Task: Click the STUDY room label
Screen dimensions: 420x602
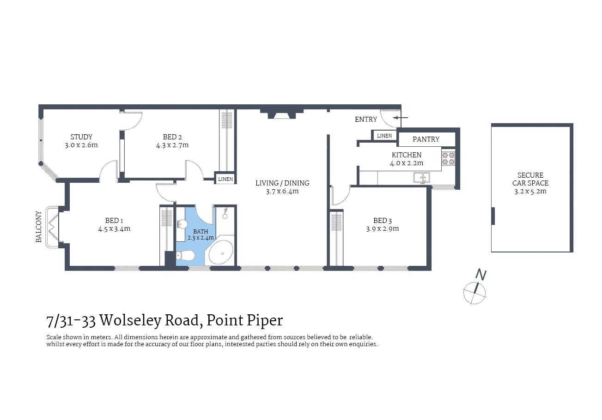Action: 81,137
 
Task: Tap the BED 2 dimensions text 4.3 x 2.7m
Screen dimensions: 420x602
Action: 172,145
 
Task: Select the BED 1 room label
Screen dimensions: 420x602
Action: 114,220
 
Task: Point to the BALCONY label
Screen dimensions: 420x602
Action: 39,227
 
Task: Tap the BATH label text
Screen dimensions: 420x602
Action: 201,232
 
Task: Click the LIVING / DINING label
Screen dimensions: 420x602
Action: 282,183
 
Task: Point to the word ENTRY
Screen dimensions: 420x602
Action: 366,120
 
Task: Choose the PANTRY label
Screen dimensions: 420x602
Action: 426,139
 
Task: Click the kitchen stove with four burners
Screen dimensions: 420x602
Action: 448,158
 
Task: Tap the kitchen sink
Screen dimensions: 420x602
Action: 421,177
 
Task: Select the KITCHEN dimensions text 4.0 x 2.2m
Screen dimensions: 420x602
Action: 407,163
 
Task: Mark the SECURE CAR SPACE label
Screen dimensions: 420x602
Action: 530,179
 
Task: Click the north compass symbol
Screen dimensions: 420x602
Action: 475,290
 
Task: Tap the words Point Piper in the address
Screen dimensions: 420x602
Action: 244,320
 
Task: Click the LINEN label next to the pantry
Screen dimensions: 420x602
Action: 384,136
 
